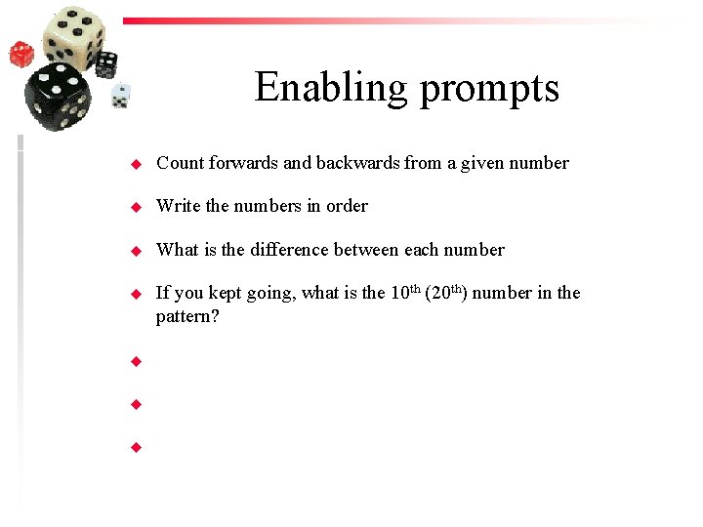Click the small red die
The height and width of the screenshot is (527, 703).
21,54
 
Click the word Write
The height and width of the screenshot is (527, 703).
179,206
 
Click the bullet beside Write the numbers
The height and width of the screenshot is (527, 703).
137,207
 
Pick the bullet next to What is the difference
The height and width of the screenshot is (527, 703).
137,251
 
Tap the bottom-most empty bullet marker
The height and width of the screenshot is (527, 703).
137,448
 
